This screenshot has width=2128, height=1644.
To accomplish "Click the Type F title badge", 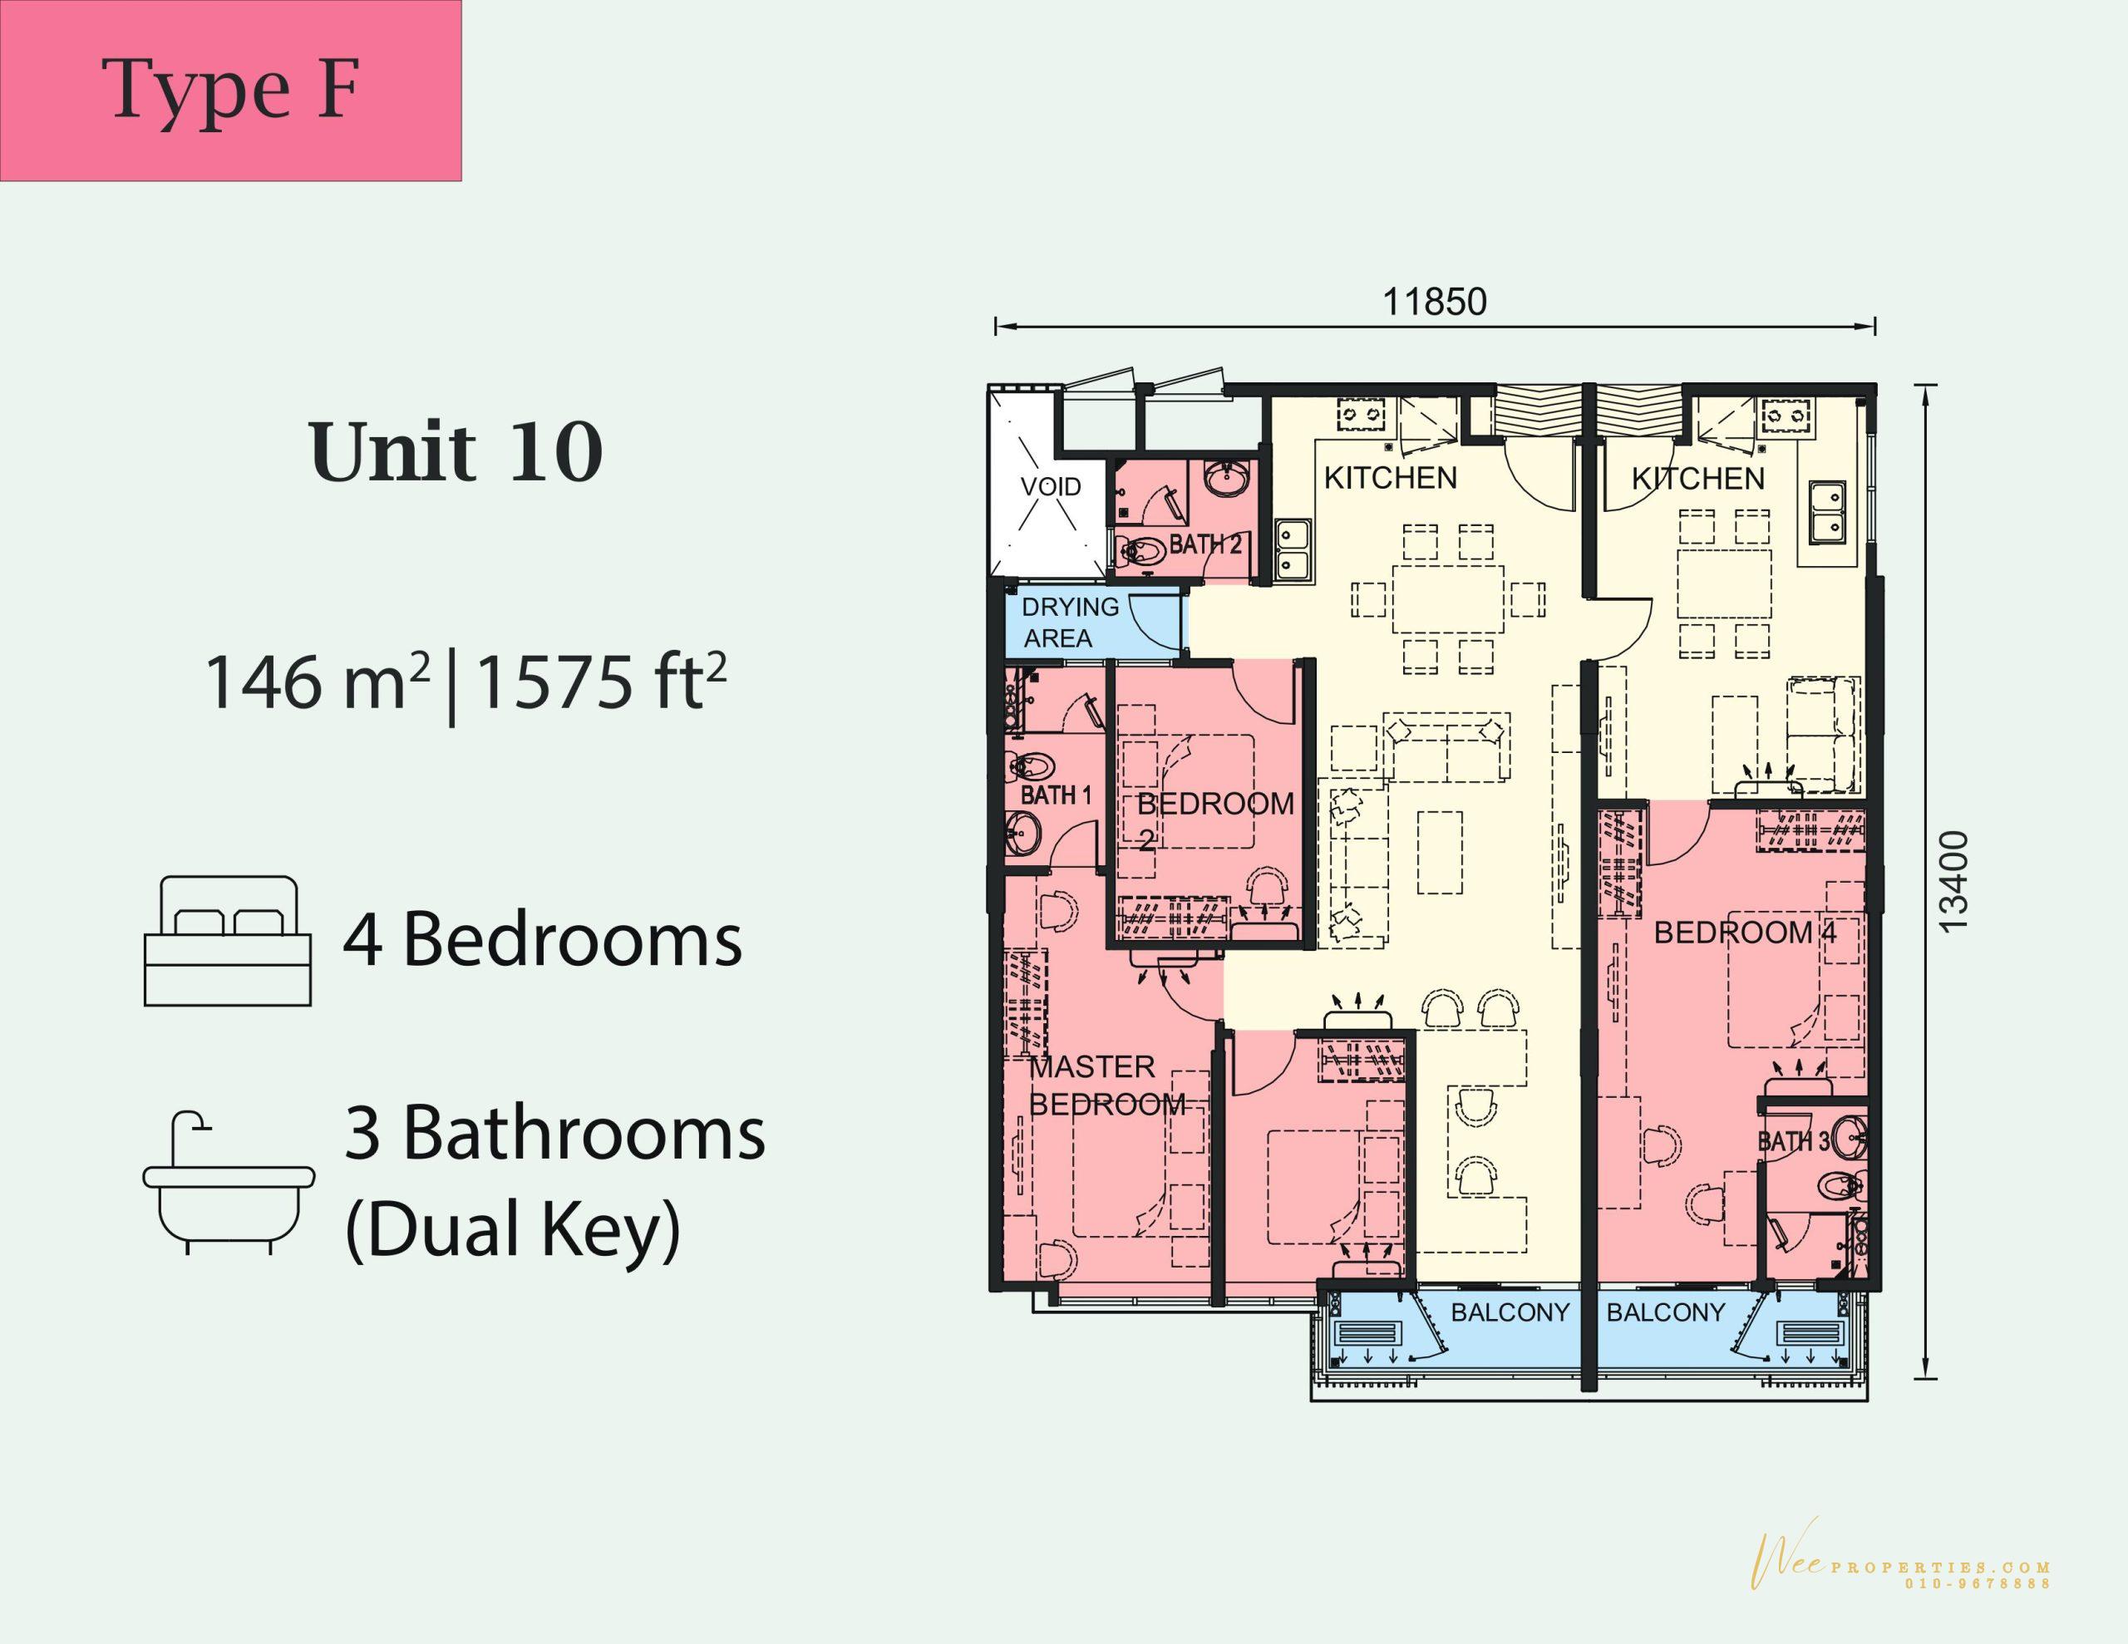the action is tap(231, 91).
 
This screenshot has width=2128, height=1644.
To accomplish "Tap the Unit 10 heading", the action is tap(456, 453).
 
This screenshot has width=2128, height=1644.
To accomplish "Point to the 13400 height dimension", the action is tap(1954, 882).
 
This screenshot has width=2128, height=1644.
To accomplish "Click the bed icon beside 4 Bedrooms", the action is tap(228, 940).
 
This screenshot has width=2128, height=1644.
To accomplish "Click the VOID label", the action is tap(1051, 486).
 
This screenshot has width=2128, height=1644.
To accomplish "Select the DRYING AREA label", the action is tap(1070, 622).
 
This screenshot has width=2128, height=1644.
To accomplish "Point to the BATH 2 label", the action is tap(1205, 544).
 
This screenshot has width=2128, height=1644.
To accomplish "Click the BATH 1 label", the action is tap(1057, 795).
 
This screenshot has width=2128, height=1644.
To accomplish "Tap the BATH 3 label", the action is tap(1794, 1141).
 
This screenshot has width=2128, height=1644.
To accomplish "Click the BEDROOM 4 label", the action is tap(1744, 933).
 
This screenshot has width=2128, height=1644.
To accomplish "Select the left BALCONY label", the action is tap(1510, 1312).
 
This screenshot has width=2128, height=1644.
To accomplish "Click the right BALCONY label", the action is tap(1665, 1312).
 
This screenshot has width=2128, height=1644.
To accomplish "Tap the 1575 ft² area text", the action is tap(601, 682).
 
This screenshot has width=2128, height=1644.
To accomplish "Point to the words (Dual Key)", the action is tap(513, 1230).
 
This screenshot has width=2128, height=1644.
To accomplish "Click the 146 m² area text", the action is tap(318, 682).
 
